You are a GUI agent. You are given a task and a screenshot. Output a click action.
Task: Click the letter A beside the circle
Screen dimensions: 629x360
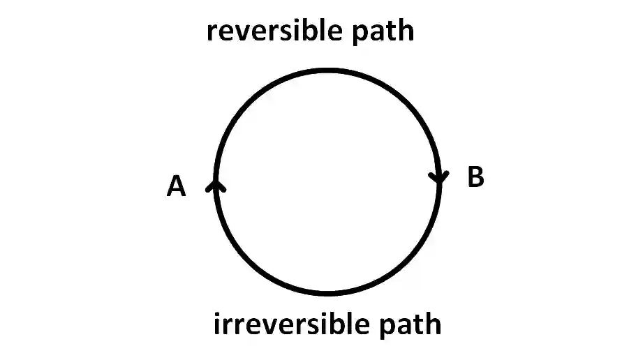pyautogui.click(x=176, y=186)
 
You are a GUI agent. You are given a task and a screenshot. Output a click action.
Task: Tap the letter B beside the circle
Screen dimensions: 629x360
pyautogui.click(x=475, y=177)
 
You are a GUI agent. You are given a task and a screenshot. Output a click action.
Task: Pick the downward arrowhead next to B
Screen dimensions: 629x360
pyautogui.click(x=439, y=177)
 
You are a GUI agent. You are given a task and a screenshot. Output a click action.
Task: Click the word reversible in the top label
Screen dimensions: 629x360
pyautogui.click(x=274, y=31)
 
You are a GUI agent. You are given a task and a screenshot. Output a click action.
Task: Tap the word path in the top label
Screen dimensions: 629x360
pyautogui.click(x=383, y=32)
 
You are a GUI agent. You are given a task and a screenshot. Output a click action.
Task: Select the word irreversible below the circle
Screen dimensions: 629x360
pyautogui.click(x=292, y=324)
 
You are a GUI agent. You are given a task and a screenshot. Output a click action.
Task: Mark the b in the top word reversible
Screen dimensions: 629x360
pyautogui.click(x=308, y=31)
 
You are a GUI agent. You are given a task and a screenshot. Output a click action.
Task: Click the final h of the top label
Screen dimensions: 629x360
pyautogui.click(x=407, y=31)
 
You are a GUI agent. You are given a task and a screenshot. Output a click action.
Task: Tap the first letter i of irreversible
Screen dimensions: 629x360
pyautogui.click(x=216, y=324)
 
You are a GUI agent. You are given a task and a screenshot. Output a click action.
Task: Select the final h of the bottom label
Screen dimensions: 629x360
pyautogui.click(x=434, y=324)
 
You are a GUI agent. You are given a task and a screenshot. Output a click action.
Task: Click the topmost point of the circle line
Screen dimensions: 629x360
pyautogui.click(x=328, y=70)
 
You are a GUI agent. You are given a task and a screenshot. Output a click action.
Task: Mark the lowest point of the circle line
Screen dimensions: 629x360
pyautogui.click(x=328, y=294)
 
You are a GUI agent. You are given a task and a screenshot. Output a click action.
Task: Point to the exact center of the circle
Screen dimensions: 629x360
pyautogui.click(x=328, y=182)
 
